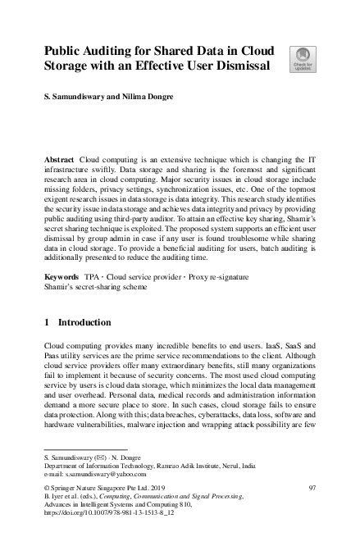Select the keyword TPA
pos(93,279)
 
